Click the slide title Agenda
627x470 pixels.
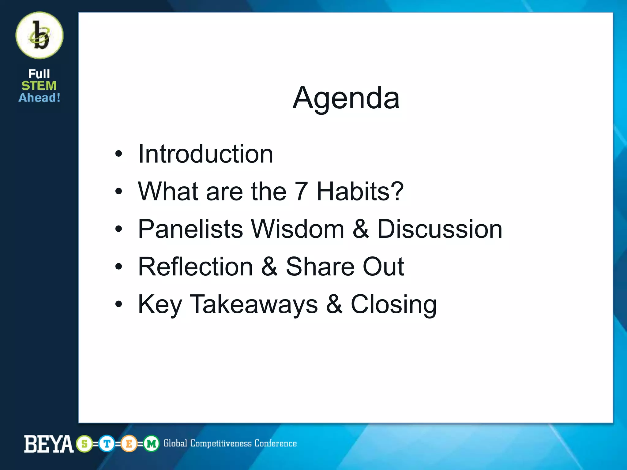(346, 98)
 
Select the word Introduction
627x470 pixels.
(205, 154)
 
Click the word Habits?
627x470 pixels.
(360, 191)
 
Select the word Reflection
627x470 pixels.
(195, 267)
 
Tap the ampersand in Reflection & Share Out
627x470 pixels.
(269, 267)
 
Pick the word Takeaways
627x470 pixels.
(254, 304)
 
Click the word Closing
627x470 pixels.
(394, 305)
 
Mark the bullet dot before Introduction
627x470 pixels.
(118, 154)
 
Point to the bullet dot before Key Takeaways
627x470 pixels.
(118, 304)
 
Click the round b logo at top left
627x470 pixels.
(39, 35)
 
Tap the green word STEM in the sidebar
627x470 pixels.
(39, 86)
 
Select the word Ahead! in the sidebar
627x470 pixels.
(39, 98)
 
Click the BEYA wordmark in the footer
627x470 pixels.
(49, 444)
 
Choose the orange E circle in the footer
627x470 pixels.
(129, 443)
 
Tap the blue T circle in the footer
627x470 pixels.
(107, 443)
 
